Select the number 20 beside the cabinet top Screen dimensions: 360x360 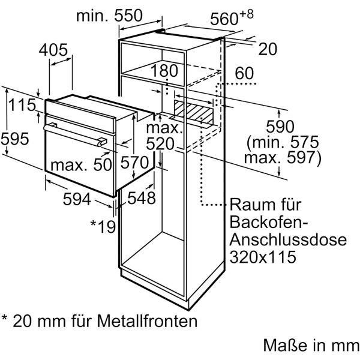[x=268, y=49]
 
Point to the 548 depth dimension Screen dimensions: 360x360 [x=142, y=197]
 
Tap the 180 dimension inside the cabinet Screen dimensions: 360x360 [x=165, y=71]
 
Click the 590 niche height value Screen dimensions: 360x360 [x=280, y=127]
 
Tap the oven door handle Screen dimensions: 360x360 [x=75, y=133]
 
